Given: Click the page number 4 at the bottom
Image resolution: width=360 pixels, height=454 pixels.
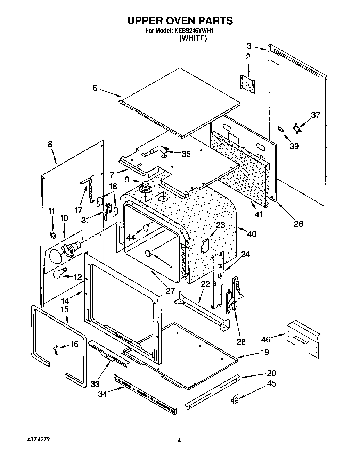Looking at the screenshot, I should [179, 441].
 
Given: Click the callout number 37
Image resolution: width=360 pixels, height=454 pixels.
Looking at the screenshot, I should [315, 115].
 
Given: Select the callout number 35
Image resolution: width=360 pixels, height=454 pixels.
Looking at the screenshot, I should [186, 154].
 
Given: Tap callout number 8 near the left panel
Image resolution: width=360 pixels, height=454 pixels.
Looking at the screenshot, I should [50, 144].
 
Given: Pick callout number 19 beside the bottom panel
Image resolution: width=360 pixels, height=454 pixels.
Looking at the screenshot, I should [265, 352].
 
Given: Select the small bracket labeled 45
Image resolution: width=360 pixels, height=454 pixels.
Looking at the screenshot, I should [235, 399].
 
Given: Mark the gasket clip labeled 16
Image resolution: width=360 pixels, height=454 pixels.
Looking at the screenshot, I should [56, 348].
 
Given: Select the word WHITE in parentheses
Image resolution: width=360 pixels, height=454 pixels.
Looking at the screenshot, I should [193, 38].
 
